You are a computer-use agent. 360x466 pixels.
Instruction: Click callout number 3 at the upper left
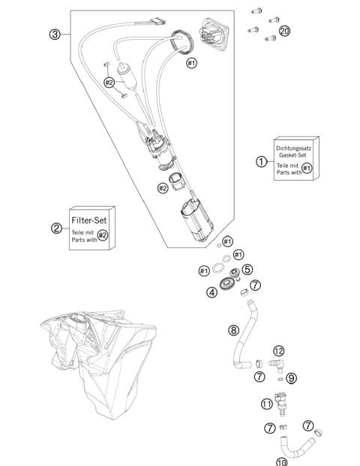tap(55, 35)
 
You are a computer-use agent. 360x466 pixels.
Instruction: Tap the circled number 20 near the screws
tap(284, 31)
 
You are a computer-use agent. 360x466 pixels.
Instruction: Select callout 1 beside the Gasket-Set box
tap(261, 162)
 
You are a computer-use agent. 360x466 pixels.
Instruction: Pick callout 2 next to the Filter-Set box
tap(56, 229)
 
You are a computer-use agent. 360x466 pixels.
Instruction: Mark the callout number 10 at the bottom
tap(281, 462)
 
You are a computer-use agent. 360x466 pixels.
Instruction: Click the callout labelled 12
tap(278, 350)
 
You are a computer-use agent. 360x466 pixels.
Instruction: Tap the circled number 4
tap(213, 292)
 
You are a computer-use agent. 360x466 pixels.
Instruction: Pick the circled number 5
tap(247, 270)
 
